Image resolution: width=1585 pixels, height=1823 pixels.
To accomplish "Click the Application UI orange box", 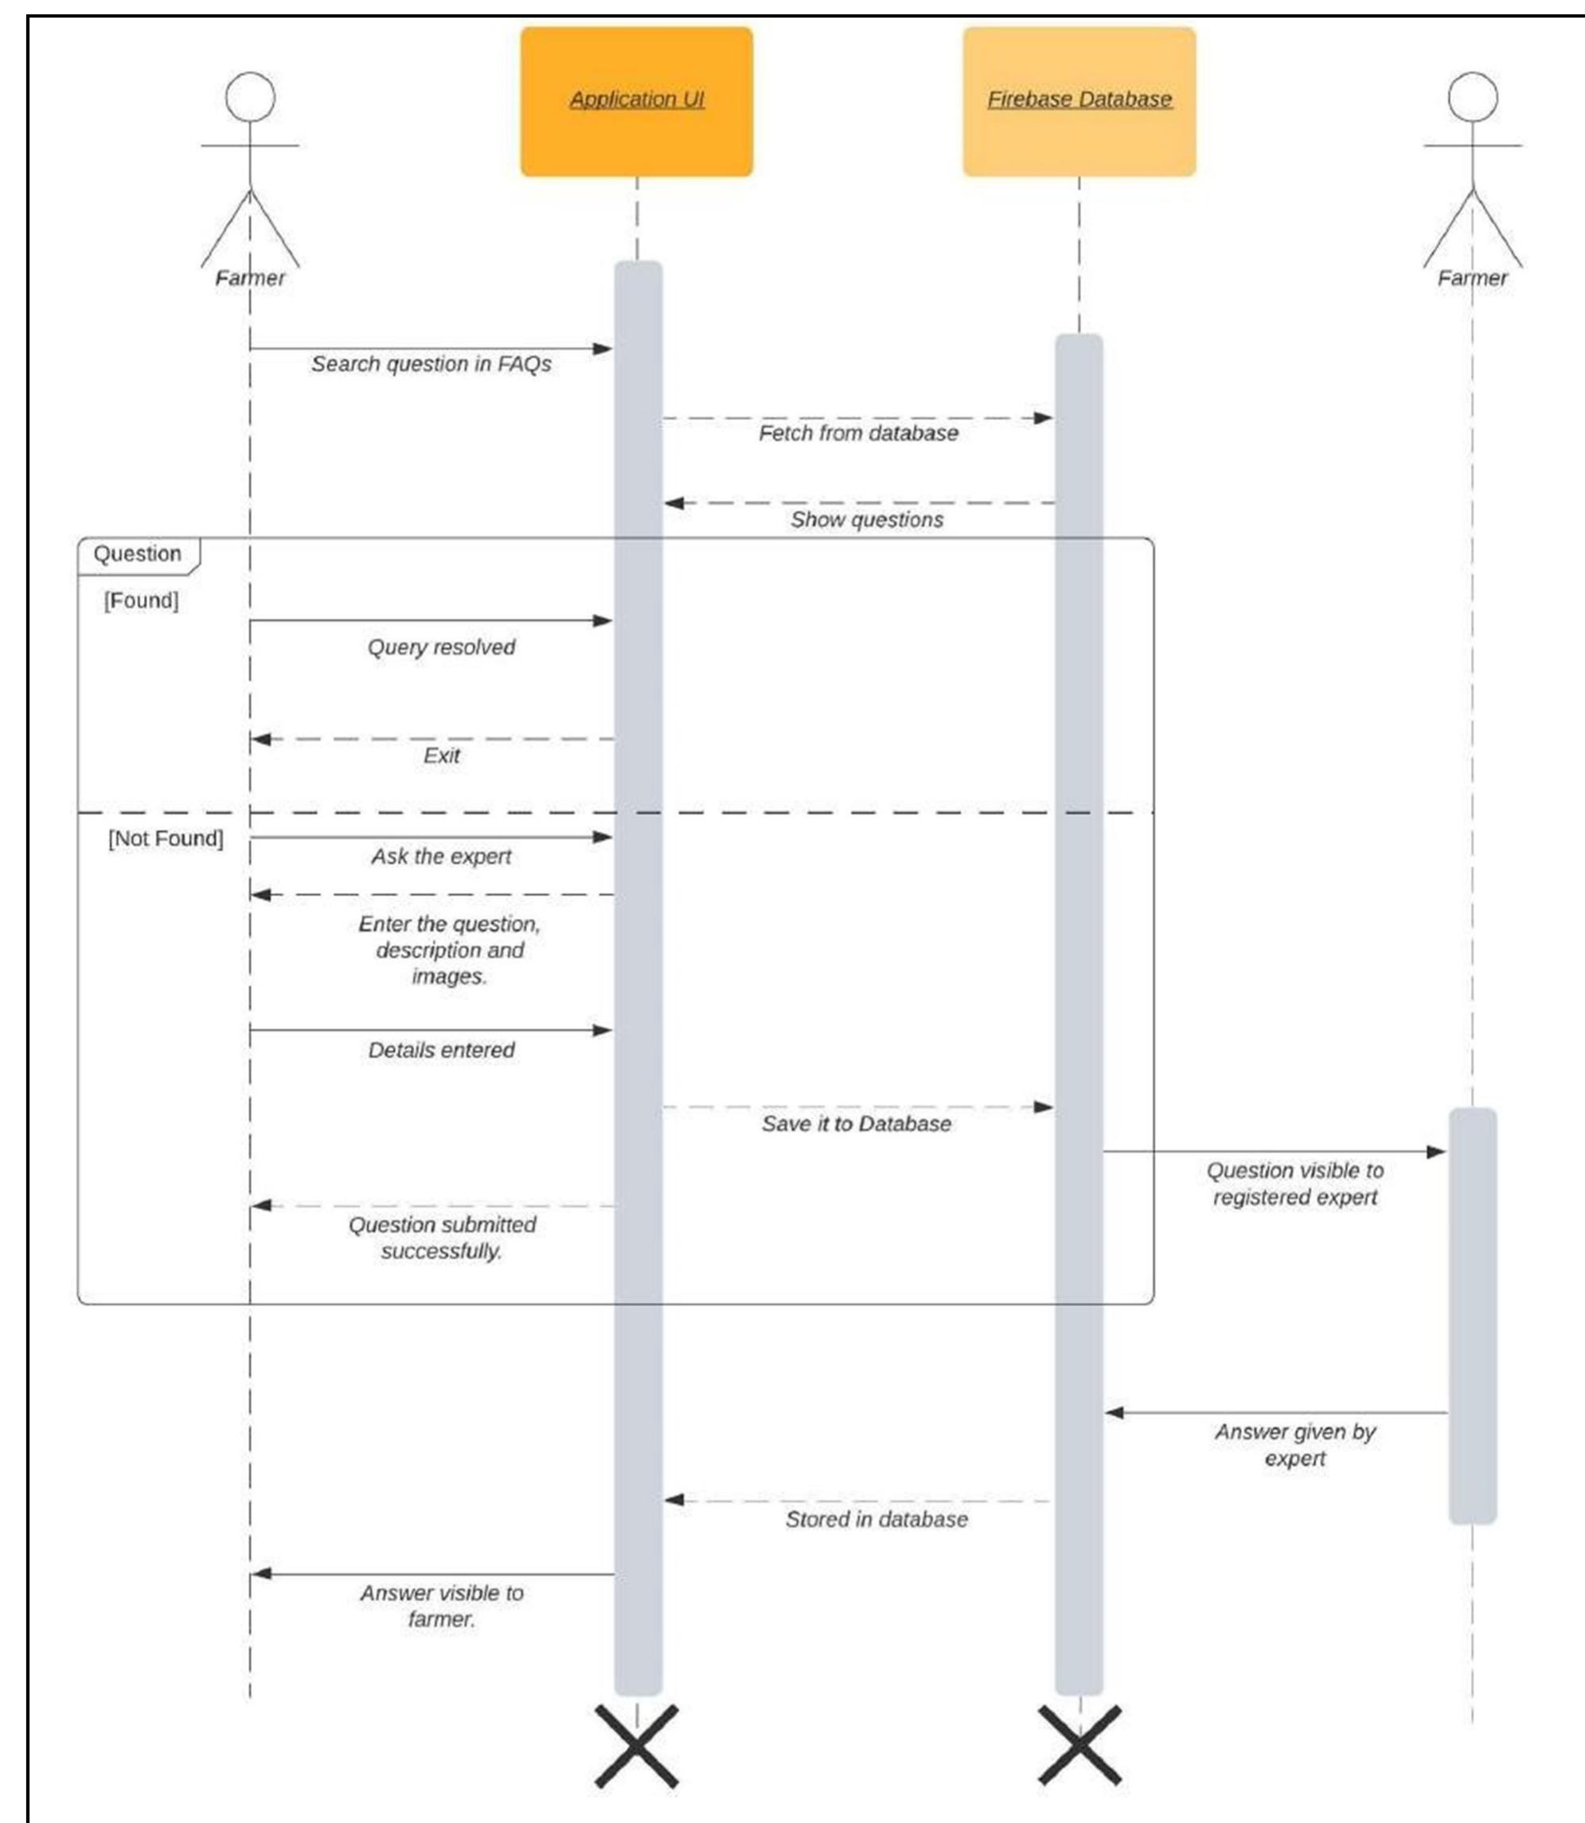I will point(636,102).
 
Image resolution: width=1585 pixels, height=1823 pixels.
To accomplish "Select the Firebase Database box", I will point(1078,102).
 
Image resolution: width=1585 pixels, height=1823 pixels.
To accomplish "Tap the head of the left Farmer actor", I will point(249,96).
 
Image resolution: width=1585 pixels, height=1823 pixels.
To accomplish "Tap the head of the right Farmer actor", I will point(1472,96).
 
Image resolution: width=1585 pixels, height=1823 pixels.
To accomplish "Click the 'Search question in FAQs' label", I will point(431,365).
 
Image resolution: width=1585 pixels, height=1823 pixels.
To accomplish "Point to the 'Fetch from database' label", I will point(858,433).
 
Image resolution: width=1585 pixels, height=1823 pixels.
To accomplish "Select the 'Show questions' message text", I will point(866,520).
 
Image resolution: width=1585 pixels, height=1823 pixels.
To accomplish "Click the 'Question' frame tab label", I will point(137,554).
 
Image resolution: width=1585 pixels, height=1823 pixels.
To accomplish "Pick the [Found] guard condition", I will point(141,600).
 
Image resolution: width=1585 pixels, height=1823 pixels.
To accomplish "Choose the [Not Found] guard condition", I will point(166,838).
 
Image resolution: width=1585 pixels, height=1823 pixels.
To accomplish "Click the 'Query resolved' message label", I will point(440,647).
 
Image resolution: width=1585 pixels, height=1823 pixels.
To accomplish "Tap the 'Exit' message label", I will point(440,756).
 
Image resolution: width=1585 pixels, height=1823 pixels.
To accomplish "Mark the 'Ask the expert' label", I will point(440,857).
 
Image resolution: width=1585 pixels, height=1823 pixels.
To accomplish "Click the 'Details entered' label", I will point(440,1051).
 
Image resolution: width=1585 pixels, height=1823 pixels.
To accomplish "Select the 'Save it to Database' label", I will point(856,1124).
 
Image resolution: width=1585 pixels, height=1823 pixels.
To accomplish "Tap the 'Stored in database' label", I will point(876,1520).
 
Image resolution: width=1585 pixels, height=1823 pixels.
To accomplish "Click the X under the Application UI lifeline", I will point(636,1746).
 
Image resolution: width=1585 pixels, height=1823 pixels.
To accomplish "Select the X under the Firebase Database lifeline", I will point(1078,1746).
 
